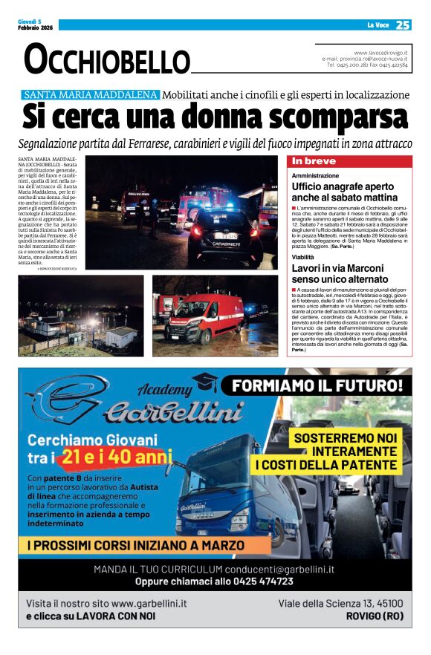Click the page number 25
pos(403,25)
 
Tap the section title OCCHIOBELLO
pos(106,59)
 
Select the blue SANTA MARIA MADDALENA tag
pos(90,95)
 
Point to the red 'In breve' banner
pos(349,161)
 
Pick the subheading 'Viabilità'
pos(302,256)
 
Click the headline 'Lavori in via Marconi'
pos(337,267)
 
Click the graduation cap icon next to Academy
pos(204,382)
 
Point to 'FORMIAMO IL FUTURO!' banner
pos(317,385)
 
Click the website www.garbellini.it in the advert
pos(149,604)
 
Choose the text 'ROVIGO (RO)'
pos(375,616)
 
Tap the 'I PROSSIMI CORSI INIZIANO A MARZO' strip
pos(135,545)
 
